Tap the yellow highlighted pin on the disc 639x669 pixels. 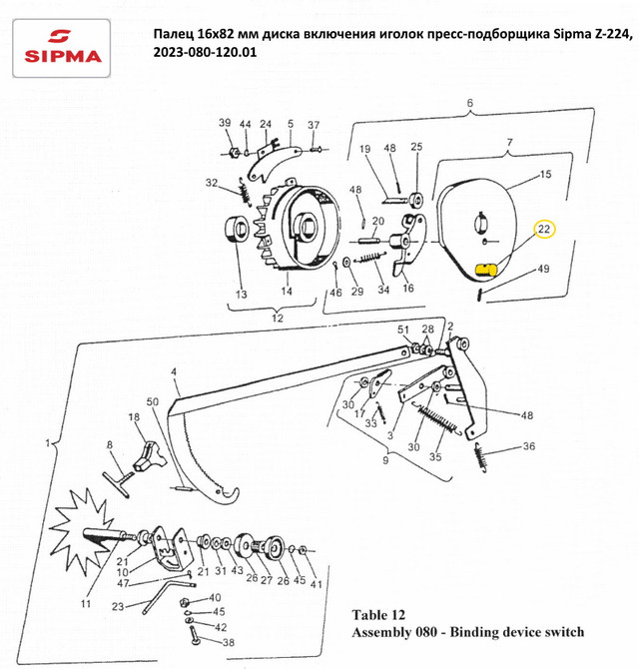coord(487,269)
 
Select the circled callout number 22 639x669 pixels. coord(545,230)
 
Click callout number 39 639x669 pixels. coord(225,123)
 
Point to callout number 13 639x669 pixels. coord(240,295)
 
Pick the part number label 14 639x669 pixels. coord(288,293)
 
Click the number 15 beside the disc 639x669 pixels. coord(545,175)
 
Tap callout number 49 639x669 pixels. coord(543,270)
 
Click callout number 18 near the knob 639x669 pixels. coord(133,416)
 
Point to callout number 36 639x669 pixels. coord(528,446)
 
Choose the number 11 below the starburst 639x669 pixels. coord(86,605)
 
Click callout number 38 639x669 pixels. coord(227,643)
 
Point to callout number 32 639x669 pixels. coord(212,183)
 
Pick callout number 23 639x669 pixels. coord(117,606)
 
